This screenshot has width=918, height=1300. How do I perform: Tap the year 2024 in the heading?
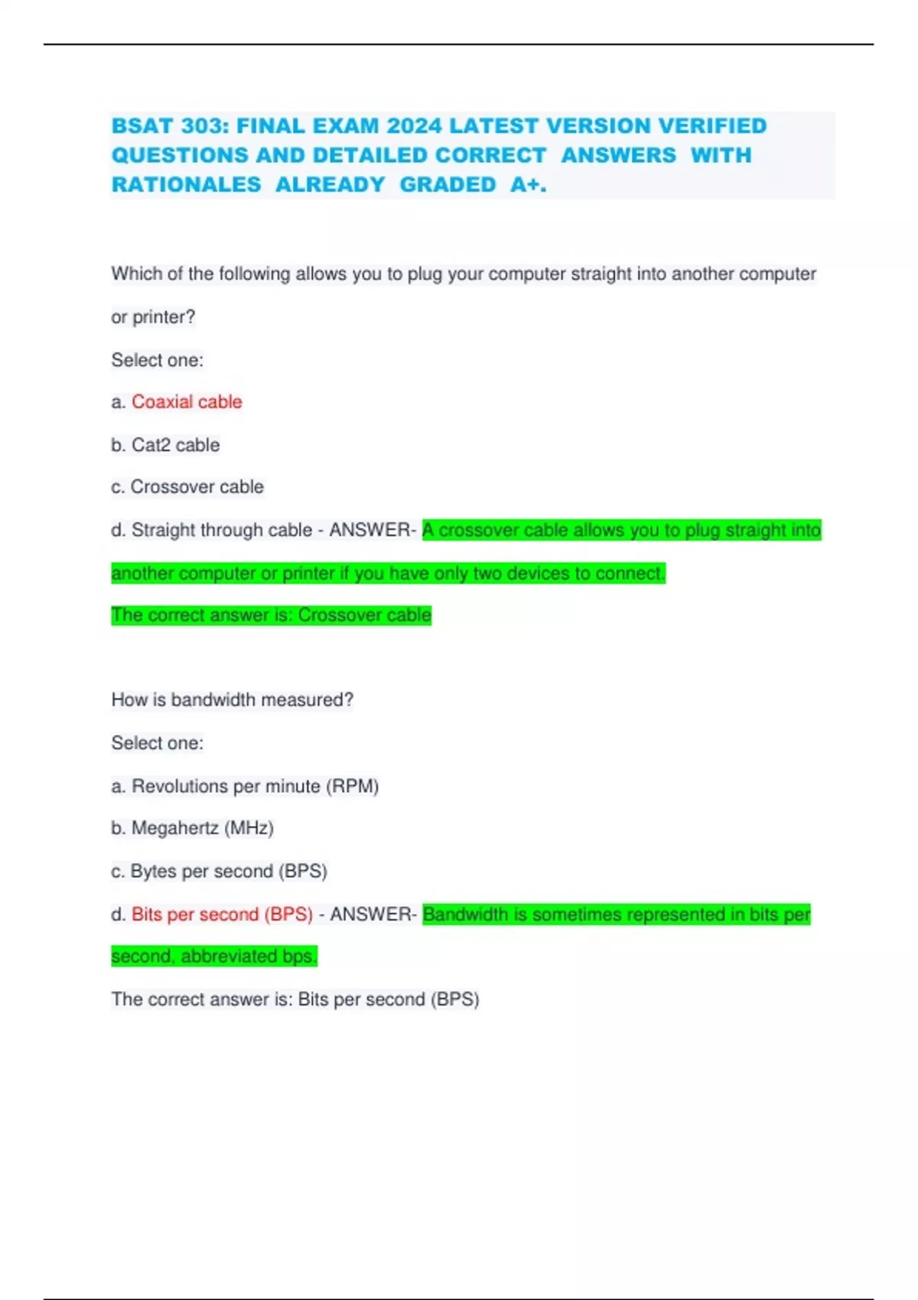pyautogui.click(x=414, y=126)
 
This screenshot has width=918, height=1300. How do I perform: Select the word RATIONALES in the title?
pyautogui.click(x=186, y=185)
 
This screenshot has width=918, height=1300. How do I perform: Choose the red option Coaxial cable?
pyautogui.click(x=187, y=402)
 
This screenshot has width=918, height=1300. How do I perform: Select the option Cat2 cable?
pyautogui.click(x=175, y=445)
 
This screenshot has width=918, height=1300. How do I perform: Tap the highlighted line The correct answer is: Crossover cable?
pyautogui.click(x=271, y=616)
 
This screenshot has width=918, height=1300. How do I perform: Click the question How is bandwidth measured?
pyautogui.click(x=232, y=700)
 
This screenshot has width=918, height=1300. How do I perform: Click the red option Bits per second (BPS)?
pyautogui.click(x=222, y=915)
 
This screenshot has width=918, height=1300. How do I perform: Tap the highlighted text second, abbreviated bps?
pyautogui.click(x=213, y=957)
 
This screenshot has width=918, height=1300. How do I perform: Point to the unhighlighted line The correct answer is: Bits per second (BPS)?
pyautogui.click(x=295, y=999)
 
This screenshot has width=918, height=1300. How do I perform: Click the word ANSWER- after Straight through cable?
pyautogui.click(x=373, y=530)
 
